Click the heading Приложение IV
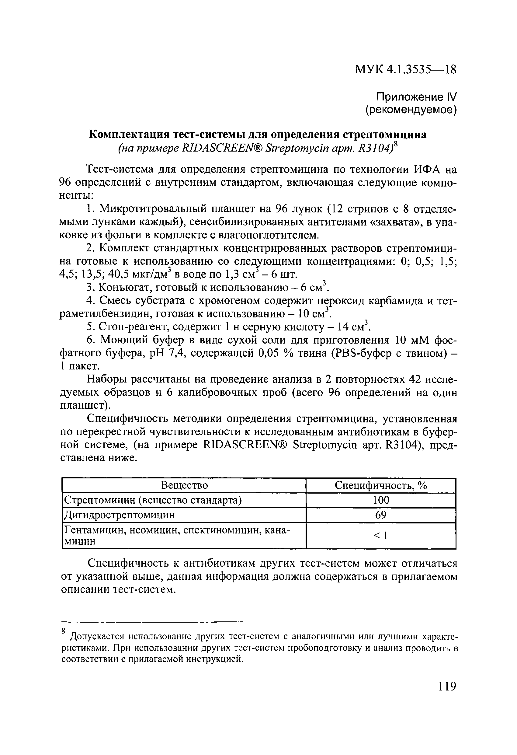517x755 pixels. point(416,96)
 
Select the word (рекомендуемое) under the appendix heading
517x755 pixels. point(411,110)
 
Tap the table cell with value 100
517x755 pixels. point(381,500)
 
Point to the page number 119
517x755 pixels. point(447,687)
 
